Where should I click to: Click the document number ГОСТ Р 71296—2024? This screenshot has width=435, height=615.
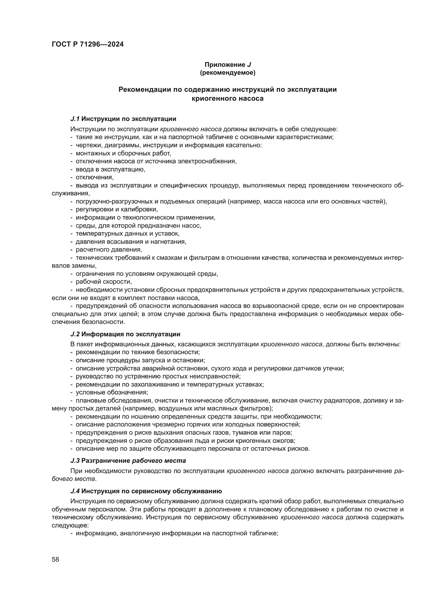click(x=88, y=44)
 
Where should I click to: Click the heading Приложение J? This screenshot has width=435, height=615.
click(x=228, y=65)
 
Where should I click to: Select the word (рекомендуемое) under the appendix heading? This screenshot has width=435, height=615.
click(x=228, y=73)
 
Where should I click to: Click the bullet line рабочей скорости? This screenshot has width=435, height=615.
click(x=104, y=282)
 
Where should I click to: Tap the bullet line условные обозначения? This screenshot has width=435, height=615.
click(x=112, y=392)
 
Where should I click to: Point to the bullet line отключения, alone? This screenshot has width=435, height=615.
click(x=95, y=177)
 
